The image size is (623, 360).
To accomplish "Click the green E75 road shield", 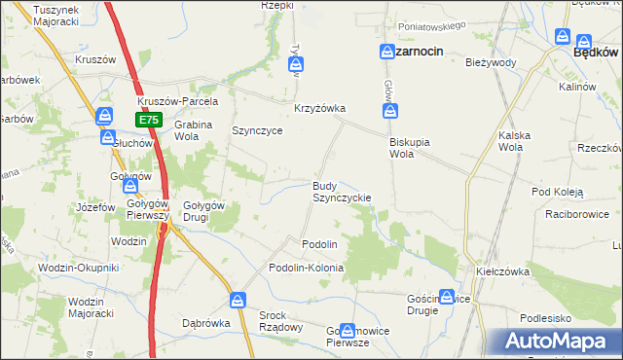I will pyautogui.click(x=148, y=120).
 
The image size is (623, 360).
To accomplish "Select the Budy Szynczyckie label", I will pyautogui.click(x=341, y=192).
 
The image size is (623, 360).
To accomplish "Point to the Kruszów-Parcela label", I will pyautogui.click(x=178, y=101).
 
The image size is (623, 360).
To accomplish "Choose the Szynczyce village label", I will pyautogui.click(x=257, y=130).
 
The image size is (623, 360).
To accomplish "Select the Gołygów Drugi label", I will pyautogui.click(x=204, y=211).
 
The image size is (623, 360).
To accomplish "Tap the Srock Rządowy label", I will pyautogui.click(x=280, y=321).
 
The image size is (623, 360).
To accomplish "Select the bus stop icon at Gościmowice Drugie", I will pyautogui.click(x=447, y=296).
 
